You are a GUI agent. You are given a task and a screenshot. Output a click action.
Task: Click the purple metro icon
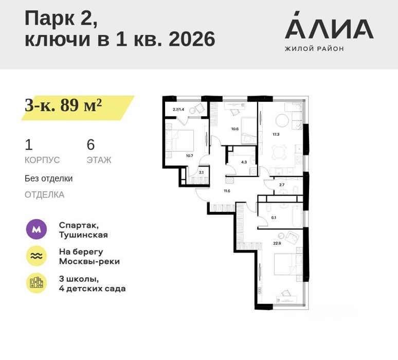[x=37, y=229]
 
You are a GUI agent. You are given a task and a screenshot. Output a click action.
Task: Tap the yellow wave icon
[x=37, y=256]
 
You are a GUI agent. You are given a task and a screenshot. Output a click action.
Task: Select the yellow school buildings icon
[x=37, y=283]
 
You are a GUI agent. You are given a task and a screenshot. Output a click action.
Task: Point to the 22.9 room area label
[x=277, y=243]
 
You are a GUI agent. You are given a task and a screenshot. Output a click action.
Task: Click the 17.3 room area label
[x=276, y=134]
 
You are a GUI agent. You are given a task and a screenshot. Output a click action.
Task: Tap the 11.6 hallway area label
[x=227, y=191]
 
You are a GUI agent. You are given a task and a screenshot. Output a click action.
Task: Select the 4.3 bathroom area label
[x=244, y=162]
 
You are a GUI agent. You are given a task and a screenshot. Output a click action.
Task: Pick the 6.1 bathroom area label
[x=274, y=218]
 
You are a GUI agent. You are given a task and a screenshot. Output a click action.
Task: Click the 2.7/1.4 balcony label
[x=178, y=110]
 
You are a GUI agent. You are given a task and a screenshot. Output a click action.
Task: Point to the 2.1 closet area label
[x=201, y=172]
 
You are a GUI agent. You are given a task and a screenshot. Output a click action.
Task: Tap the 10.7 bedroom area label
[x=189, y=156]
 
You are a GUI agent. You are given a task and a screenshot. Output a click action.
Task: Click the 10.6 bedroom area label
[x=235, y=129]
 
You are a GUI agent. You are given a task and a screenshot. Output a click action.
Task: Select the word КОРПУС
[x=42, y=160]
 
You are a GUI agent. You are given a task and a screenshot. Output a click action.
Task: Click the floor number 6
[x=91, y=145]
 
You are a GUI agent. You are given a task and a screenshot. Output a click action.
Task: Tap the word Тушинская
[x=83, y=235]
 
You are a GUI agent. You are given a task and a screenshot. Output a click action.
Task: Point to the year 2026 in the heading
[x=192, y=39]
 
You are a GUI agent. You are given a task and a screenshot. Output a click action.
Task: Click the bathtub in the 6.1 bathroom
[x=297, y=217]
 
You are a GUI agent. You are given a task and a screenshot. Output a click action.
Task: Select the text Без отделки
[x=48, y=178]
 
